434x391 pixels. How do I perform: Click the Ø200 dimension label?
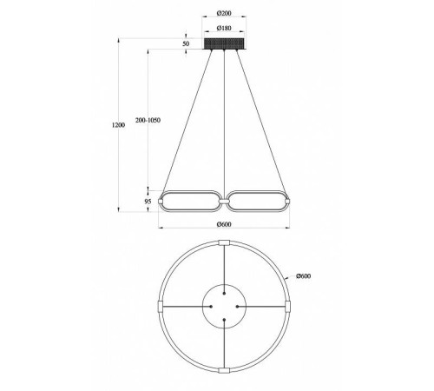[x=224, y=13]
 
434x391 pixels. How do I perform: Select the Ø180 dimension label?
[x=224, y=28]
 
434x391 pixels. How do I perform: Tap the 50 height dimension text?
[x=186, y=43]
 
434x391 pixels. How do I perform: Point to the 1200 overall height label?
[x=118, y=125]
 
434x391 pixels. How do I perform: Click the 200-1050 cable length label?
[x=148, y=120]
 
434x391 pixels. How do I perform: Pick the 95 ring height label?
[x=148, y=202]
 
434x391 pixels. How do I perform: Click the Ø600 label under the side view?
[x=224, y=224]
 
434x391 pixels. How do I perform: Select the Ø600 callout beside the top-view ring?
[x=304, y=276]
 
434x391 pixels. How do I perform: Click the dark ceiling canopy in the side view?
[x=225, y=43]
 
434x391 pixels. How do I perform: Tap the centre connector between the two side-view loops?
[x=224, y=201]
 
